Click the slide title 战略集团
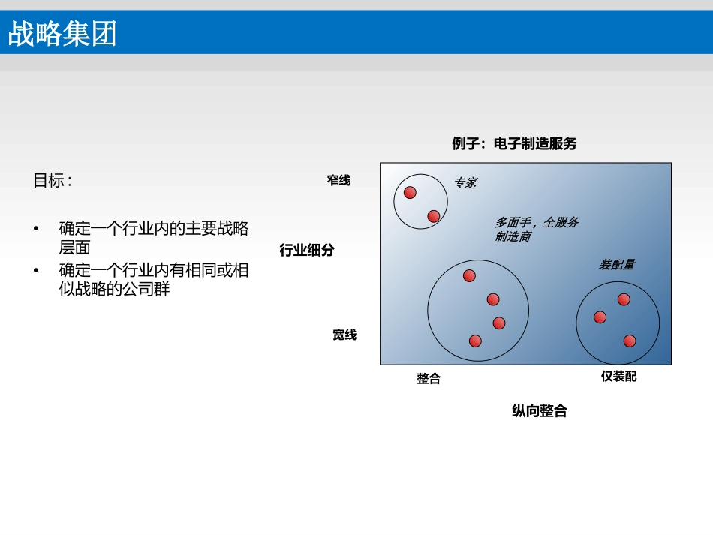coord(62,33)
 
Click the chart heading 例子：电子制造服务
coord(514,143)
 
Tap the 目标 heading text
coord(53,180)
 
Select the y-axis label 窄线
coord(338,180)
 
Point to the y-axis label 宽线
coord(344,335)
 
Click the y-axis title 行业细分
coord(307,250)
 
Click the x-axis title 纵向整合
coord(540,411)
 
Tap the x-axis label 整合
coord(429,379)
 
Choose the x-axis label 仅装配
coord(618,377)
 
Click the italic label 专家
coord(465,183)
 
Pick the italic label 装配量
coord(617,265)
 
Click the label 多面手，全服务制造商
coord(537,229)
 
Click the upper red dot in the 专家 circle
coord(410,192)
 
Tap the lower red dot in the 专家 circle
coord(434,216)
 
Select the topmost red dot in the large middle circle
coord(469,275)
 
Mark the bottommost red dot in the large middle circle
coord(475,341)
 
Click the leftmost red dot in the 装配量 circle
coord(600,317)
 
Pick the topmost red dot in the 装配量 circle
coord(624,299)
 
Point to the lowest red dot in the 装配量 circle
coord(630,341)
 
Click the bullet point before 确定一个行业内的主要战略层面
coord(36,228)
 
